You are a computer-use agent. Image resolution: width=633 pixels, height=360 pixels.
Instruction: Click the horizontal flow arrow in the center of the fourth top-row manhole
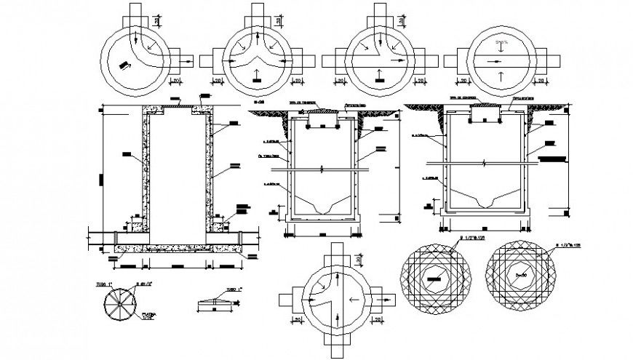(499, 60)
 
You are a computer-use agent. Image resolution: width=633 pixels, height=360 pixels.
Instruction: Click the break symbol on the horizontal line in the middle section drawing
(319, 169)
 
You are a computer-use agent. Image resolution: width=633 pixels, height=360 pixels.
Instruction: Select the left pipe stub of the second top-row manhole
(215, 60)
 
